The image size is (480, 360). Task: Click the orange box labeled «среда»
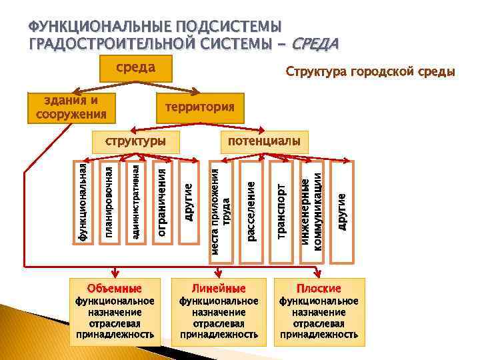click(x=136, y=67)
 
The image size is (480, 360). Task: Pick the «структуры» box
click(x=135, y=142)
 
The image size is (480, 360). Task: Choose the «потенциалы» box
click(x=265, y=141)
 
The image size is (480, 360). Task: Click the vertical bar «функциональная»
click(x=83, y=202)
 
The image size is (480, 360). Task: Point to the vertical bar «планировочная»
click(x=109, y=202)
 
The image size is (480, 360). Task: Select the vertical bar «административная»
click(x=135, y=202)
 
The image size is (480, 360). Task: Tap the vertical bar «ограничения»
click(x=162, y=202)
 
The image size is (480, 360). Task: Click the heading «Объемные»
click(x=115, y=289)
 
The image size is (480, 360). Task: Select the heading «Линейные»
click(x=219, y=289)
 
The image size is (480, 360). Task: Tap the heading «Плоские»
click(x=319, y=289)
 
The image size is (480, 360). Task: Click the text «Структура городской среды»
click(x=370, y=71)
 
